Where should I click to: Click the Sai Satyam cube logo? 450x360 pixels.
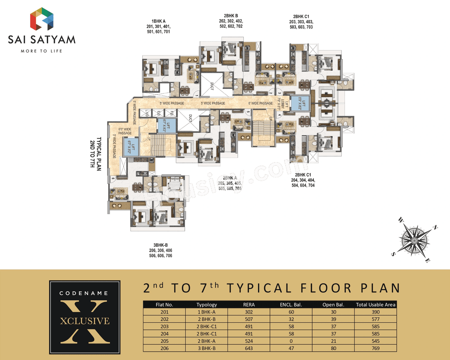(42, 19)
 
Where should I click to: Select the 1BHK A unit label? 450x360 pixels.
(159, 26)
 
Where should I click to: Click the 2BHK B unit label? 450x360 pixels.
(231, 21)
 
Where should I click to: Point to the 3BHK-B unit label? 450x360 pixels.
(161, 250)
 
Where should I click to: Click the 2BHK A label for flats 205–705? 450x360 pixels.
(230, 183)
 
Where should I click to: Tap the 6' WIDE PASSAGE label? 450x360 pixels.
(261, 103)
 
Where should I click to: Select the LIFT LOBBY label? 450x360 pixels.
(284, 104)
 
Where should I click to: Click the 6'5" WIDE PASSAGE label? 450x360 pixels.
(125, 131)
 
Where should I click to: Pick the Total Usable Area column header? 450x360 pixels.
(375, 305)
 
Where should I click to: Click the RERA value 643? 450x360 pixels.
(249, 348)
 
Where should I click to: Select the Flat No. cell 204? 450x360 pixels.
(165, 334)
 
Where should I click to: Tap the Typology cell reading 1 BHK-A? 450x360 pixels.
(207, 312)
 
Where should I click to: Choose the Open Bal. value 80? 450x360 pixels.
(333, 348)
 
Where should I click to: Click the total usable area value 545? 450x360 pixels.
(375, 341)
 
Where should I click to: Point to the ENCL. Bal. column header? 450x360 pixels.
(291, 305)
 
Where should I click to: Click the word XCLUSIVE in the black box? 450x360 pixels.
(85, 321)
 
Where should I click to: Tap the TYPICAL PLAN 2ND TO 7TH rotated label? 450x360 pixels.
(96, 154)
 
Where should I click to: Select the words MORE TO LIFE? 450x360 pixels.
(41, 51)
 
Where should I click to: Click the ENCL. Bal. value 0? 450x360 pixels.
(291, 341)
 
